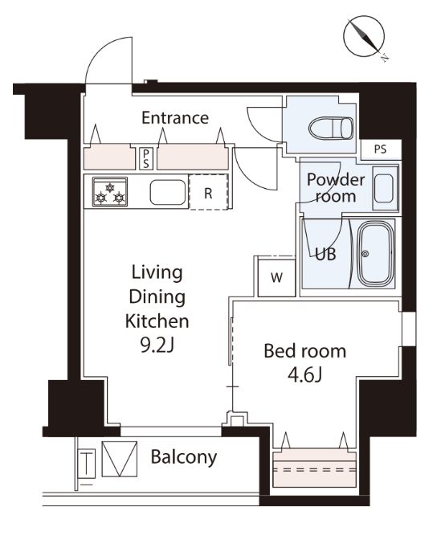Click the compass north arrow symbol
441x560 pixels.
pyautogui.click(x=365, y=37)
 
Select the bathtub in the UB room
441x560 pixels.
pyautogui.click(x=376, y=254)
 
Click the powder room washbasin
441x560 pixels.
pyautogui.click(x=385, y=188)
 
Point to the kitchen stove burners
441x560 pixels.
pyautogui.click(x=110, y=192)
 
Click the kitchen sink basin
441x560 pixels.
pyautogui.click(x=168, y=192)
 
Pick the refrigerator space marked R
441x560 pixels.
pyautogui.click(x=209, y=192)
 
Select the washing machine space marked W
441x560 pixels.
pyautogui.click(x=277, y=277)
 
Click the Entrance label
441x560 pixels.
pyautogui.click(x=175, y=117)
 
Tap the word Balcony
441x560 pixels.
pyautogui.click(x=183, y=457)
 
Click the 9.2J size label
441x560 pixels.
pyautogui.click(x=157, y=345)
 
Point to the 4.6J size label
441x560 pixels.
pyautogui.click(x=305, y=375)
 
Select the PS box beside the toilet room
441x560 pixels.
pyautogui.click(x=381, y=149)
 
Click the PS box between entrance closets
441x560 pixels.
pyautogui.click(x=146, y=158)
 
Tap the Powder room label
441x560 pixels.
pyautogui.click(x=336, y=188)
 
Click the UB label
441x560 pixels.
pyautogui.click(x=325, y=254)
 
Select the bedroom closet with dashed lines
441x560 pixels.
pyautogui.click(x=315, y=469)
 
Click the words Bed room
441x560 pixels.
pyautogui.click(x=305, y=351)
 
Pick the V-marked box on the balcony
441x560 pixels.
pyautogui.click(x=119, y=459)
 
